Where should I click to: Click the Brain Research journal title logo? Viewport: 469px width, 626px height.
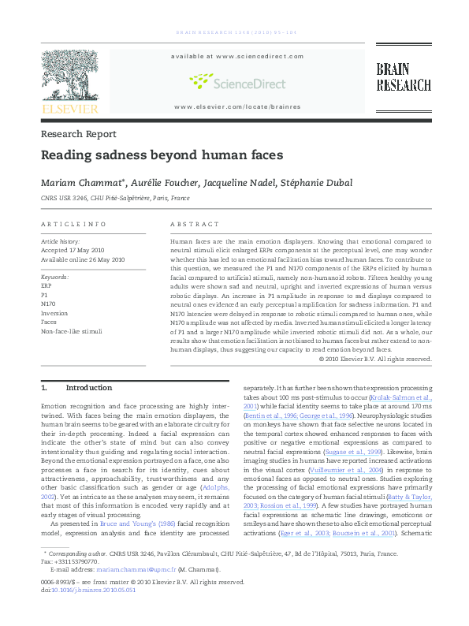click(x=403, y=77)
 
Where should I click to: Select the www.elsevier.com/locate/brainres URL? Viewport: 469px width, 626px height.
click(x=237, y=106)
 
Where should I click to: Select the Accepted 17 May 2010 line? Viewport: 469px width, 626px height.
click(x=73, y=250)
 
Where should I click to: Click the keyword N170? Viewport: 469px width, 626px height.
click(x=48, y=304)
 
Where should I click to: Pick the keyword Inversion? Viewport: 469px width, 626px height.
click(x=54, y=313)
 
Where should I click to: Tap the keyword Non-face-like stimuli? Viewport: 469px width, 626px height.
click(x=71, y=332)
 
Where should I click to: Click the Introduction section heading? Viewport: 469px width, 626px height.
click(x=89, y=388)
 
